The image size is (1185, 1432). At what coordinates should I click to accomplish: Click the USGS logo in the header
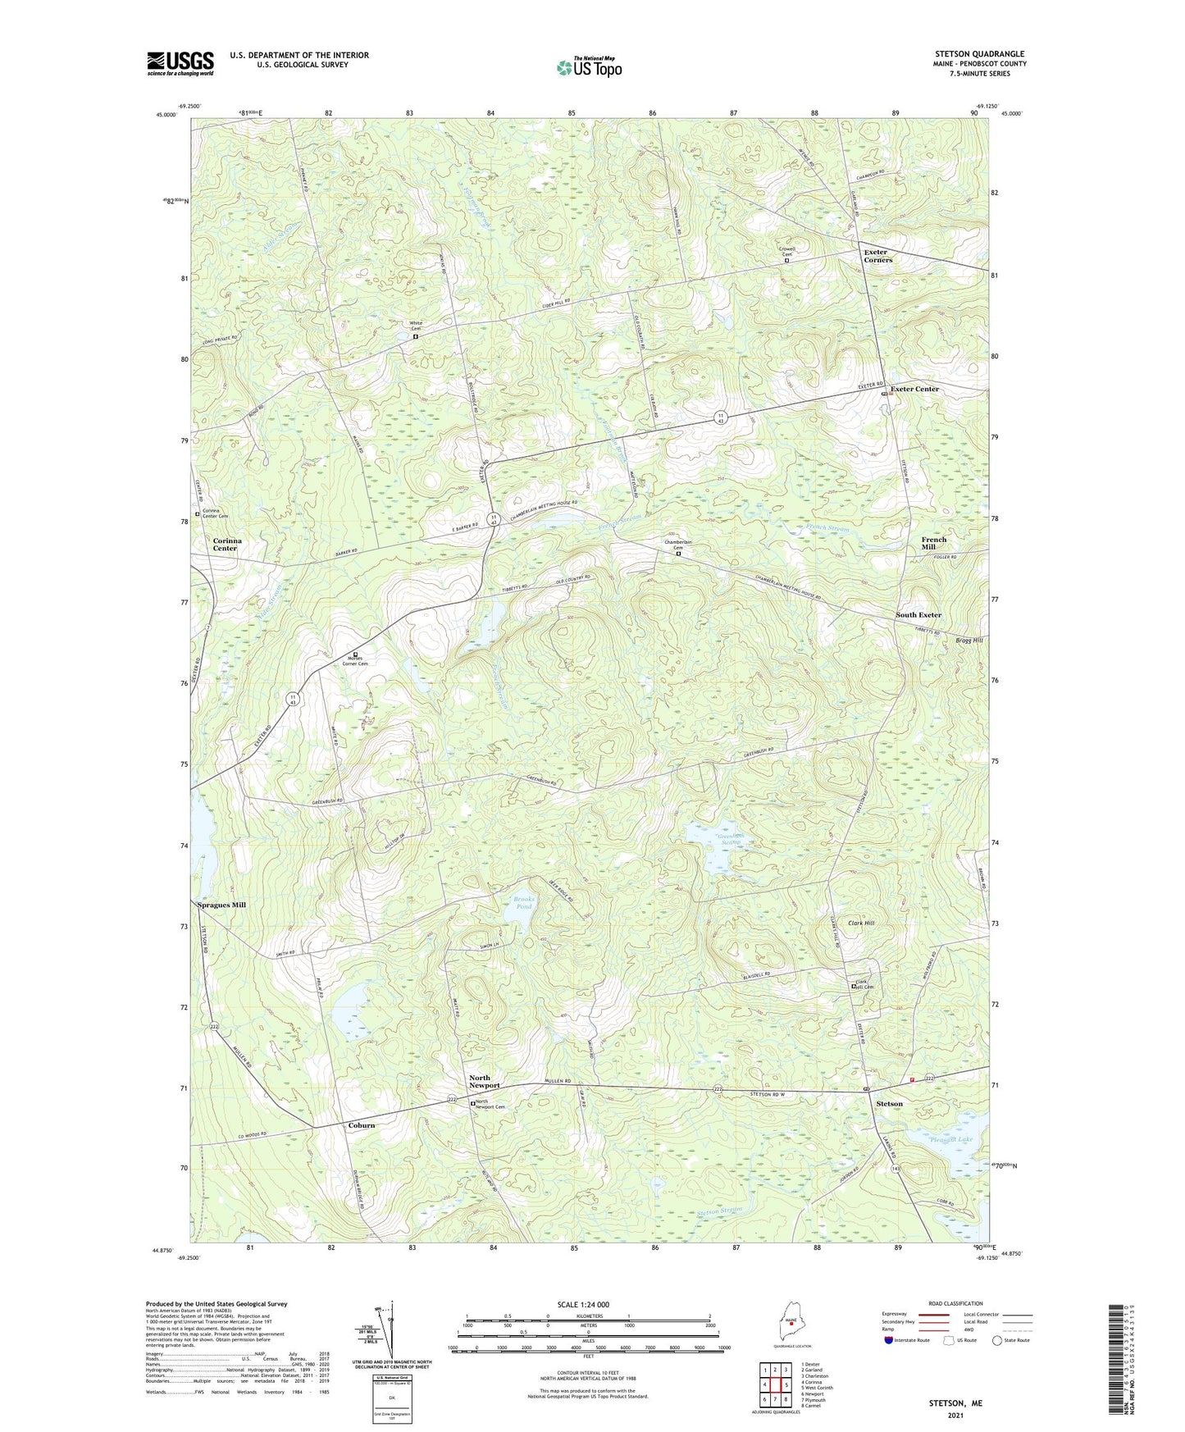[x=180, y=63]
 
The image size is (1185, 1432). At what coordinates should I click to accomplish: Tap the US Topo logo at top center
[x=588, y=67]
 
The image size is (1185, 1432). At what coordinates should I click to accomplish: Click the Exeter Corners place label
[x=877, y=256]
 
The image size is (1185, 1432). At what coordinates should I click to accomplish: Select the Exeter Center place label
[x=914, y=389]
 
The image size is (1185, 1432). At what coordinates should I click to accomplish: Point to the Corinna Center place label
[x=225, y=545]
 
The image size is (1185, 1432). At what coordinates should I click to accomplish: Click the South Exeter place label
[x=918, y=615]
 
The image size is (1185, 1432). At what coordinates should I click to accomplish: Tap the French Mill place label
[x=933, y=543]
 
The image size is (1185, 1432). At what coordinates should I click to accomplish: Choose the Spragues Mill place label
[x=221, y=905]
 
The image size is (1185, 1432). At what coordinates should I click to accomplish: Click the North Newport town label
[x=484, y=1082]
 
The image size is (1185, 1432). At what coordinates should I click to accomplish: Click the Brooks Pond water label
[x=523, y=903]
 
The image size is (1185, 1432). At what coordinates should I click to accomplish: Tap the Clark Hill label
[x=857, y=924]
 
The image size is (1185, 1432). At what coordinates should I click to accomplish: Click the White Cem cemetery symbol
[x=416, y=336]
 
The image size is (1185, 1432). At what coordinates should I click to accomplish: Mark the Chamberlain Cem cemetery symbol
[x=678, y=554]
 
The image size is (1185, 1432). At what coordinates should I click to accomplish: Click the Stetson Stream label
[x=719, y=1211]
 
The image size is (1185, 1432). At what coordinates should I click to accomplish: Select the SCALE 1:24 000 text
[x=581, y=1305]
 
